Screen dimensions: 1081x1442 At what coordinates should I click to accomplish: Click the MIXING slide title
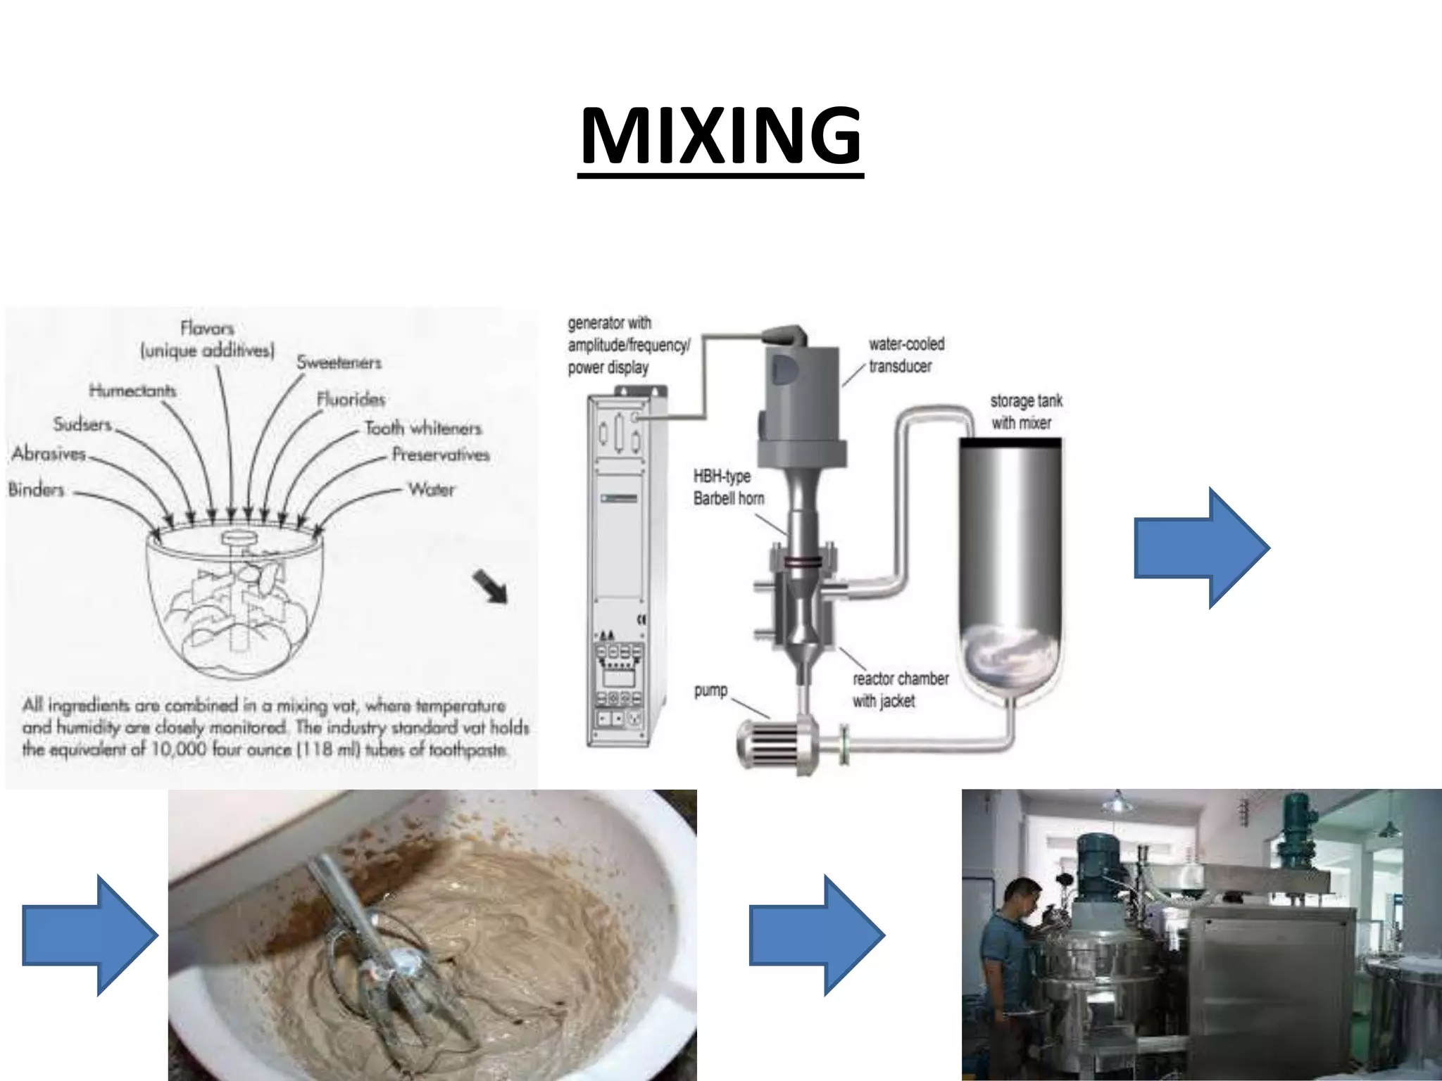(720, 136)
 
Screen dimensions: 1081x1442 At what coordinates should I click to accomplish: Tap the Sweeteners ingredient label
(339, 362)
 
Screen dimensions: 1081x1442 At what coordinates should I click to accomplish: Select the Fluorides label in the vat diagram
(351, 400)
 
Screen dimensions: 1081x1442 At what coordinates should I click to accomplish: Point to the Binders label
(36, 489)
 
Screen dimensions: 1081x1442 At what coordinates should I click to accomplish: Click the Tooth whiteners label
(422, 428)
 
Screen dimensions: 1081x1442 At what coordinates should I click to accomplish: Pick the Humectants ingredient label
(132, 390)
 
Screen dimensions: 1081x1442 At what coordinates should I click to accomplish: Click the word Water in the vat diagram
(432, 489)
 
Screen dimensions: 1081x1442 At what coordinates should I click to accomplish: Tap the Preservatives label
(440, 455)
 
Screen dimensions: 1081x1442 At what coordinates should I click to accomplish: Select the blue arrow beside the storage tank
(1201, 548)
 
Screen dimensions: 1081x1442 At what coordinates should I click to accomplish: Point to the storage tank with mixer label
(1024, 412)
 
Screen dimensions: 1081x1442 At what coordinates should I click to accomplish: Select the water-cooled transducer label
(905, 355)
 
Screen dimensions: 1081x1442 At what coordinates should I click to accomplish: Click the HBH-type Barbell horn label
(727, 487)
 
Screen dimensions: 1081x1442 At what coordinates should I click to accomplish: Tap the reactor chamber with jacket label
(899, 689)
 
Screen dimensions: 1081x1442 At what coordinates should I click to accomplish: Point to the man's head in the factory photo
(1022, 898)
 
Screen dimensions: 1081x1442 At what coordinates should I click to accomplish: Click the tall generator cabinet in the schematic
(619, 570)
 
